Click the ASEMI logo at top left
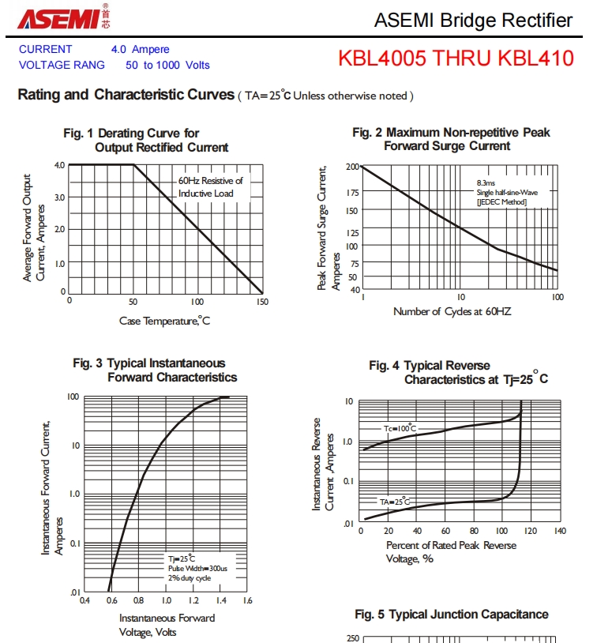63,19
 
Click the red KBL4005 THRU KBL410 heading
456,58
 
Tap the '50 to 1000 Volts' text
167,65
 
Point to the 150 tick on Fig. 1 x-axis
262,302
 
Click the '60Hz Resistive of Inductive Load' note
210,186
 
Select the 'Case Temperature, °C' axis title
165,320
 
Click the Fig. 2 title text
452,139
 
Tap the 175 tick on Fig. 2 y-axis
352,192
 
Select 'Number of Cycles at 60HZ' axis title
452,311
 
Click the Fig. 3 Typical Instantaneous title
155,370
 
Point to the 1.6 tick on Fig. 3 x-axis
246,600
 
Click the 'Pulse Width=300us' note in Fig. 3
197,568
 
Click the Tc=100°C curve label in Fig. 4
400,428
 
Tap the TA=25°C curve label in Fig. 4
395,502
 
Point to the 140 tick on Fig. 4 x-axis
560,531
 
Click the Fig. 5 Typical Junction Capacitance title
452,614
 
